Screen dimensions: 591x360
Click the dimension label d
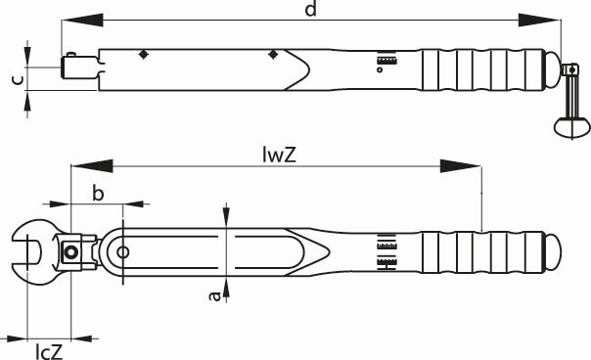(x=311, y=9)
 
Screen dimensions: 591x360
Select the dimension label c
(x=18, y=79)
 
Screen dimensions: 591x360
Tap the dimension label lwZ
(x=279, y=155)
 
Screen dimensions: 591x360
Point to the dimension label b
(x=98, y=194)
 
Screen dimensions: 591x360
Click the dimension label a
(x=214, y=296)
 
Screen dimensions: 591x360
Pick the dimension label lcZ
(x=49, y=352)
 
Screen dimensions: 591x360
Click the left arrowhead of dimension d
(x=82, y=20)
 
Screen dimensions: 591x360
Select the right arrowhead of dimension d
(x=540, y=20)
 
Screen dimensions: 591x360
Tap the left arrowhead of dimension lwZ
(x=92, y=166)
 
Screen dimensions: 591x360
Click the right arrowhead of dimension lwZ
(x=461, y=166)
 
